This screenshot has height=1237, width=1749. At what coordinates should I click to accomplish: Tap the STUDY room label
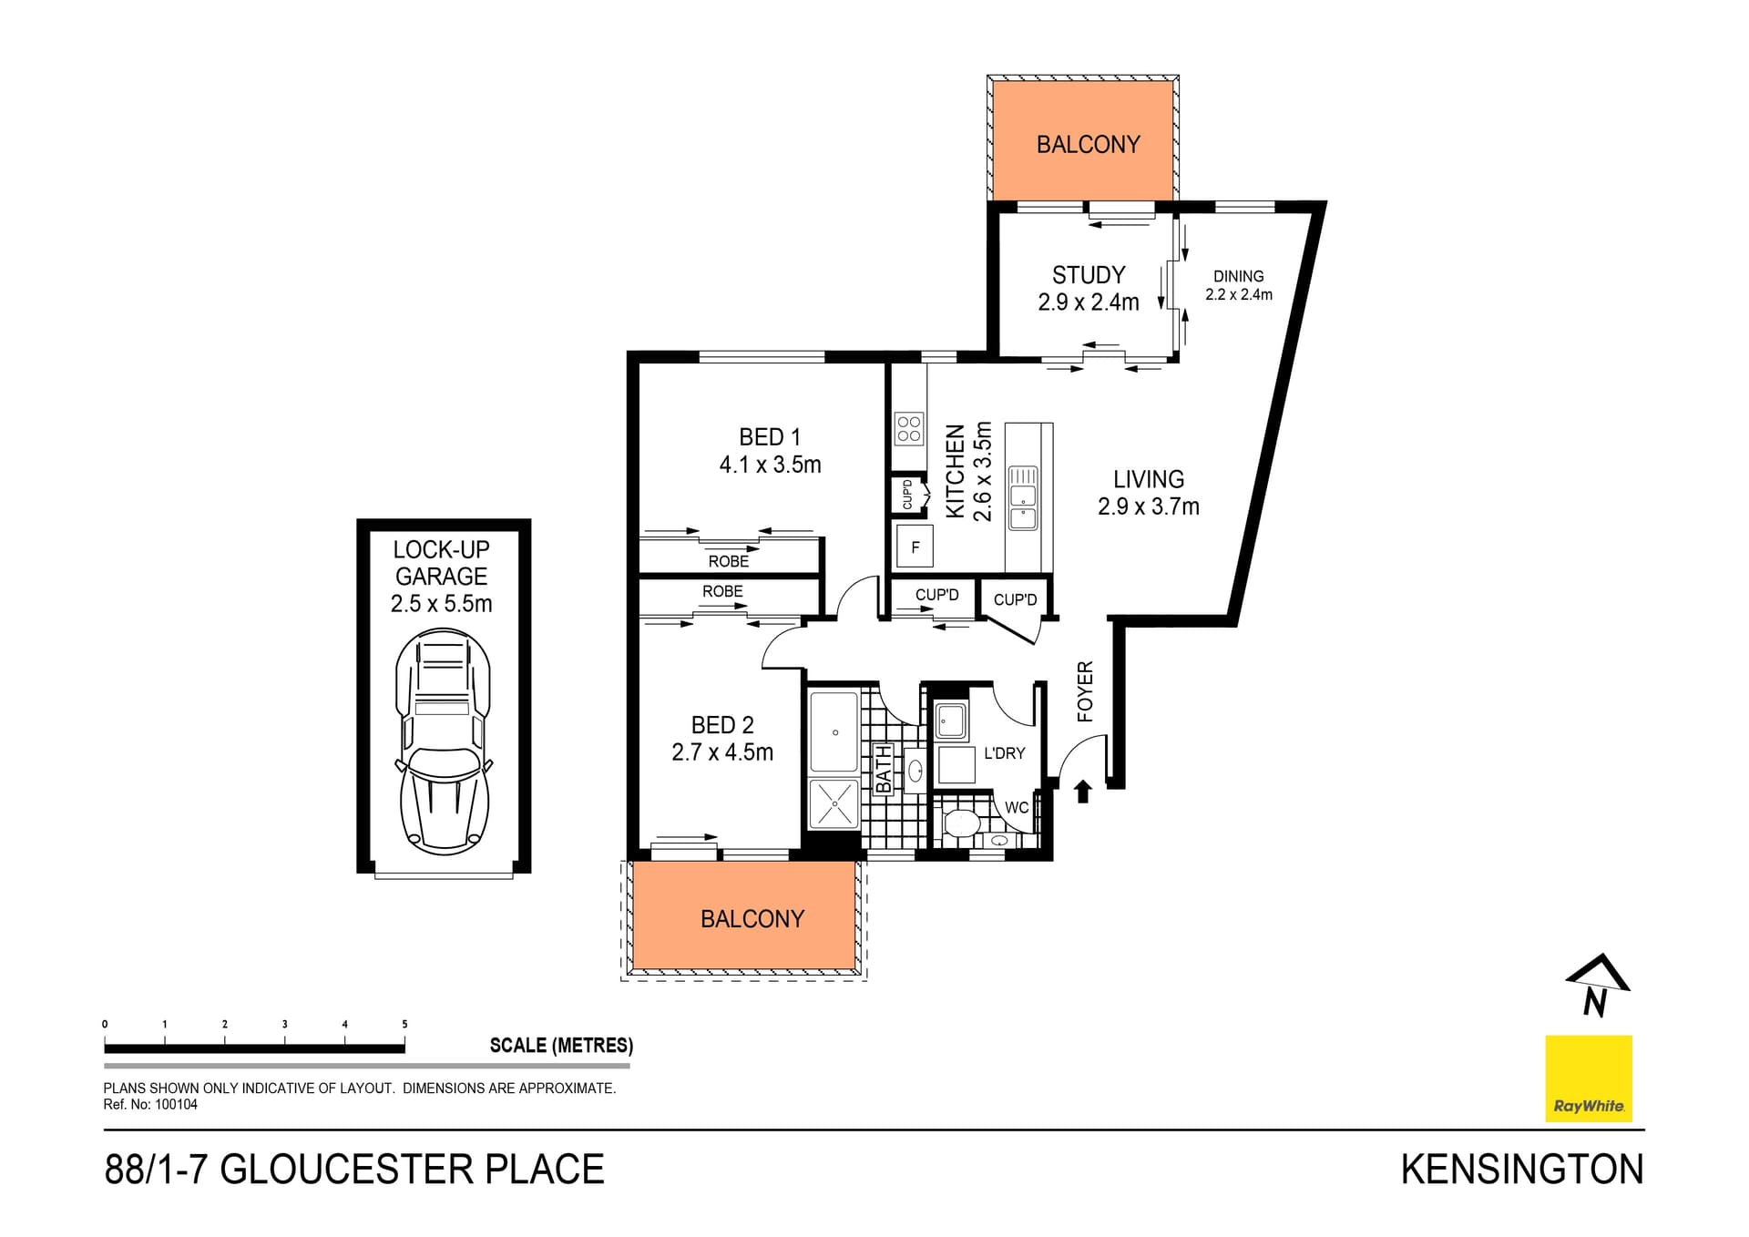(x=1088, y=275)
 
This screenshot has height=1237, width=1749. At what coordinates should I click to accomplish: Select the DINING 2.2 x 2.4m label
(x=1238, y=284)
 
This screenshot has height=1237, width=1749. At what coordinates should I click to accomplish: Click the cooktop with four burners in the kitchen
(x=909, y=428)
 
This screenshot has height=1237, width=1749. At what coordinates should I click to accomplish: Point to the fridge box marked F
(x=915, y=547)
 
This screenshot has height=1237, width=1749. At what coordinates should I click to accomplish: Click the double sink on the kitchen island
(x=1022, y=498)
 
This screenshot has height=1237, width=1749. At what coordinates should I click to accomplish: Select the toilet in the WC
(x=961, y=823)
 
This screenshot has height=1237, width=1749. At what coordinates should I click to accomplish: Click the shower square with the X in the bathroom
(x=834, y=803)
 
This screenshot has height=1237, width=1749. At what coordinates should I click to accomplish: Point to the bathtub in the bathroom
(x=834, y=731)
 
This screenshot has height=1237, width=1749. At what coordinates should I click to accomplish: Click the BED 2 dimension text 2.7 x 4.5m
(x=722, y=752)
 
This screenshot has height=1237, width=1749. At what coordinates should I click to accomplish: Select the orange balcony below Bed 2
(x=743, y=916)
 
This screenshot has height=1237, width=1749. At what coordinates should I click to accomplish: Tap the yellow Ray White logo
(x=1588, y=1078)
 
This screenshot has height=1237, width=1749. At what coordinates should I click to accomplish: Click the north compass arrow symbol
(x=1597, y=985)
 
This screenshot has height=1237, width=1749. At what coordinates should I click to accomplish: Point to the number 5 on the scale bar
(x=404, y=1024)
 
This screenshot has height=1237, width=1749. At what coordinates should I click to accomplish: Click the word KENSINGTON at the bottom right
(x=1521, y=1170)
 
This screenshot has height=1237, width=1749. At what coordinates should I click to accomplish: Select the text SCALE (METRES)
(x=561, y=1045)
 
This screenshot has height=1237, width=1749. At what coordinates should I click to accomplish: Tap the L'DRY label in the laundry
(x=1004, y=753)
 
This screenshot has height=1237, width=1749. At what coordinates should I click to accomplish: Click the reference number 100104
(x=176, y=1105)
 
